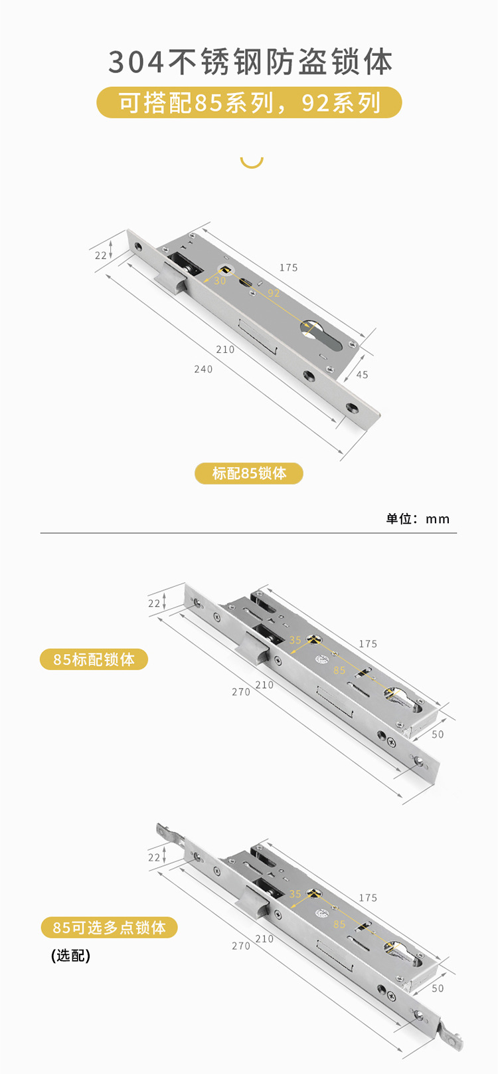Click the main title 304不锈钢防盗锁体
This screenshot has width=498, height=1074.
(x=250, y=62)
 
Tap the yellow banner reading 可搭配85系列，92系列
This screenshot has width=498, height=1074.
(x=250, y=103)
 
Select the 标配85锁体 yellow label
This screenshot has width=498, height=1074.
(x=249, y=473)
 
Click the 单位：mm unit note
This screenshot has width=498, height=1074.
(x=418, y=519)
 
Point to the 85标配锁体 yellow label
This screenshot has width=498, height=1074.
(x=94, y=659)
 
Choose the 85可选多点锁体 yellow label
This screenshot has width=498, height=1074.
(x=109, y=927)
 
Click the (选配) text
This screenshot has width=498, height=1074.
(x=70, y=956)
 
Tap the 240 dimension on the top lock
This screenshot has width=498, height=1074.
(x=203, y=370)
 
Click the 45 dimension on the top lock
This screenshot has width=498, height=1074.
(x=362, y=375)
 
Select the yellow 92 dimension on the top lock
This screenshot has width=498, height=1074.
(x=274, y=293)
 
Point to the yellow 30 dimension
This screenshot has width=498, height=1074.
(x=220, y=281)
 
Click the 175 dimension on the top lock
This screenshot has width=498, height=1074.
(x=288, y=268)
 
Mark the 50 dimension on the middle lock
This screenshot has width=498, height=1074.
(x=438, y=734)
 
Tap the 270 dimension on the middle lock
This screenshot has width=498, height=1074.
(x=241, y=692)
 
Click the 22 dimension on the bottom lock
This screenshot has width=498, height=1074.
(x=154, y=857)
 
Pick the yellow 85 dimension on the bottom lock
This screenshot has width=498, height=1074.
(x=339, y=924)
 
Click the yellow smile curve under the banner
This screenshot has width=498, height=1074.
(x=252, y=161)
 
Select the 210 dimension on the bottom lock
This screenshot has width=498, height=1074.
(x=264, y=939)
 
